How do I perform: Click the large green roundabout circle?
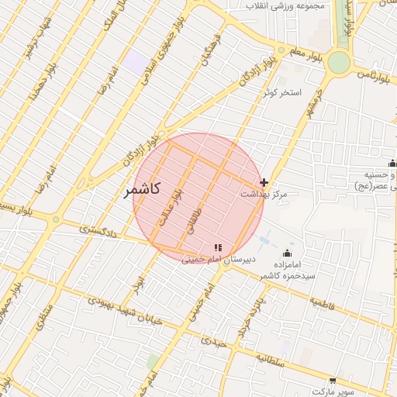tap(339, 62)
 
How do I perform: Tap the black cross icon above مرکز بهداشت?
tap(264, 182)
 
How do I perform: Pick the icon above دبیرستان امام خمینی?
tap(217, 247)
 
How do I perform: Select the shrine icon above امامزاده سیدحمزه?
tap(288, 253)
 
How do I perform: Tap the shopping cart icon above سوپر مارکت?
tap(333, 381)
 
